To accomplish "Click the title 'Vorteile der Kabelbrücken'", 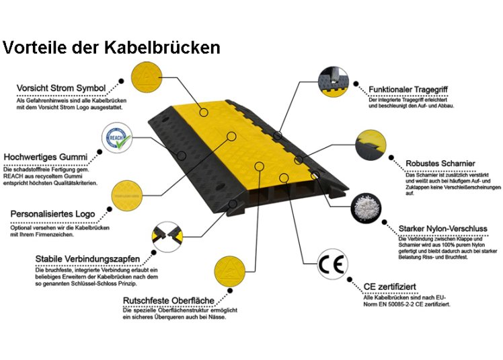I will (112, 47).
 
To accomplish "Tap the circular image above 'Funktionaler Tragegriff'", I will (336, 79).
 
